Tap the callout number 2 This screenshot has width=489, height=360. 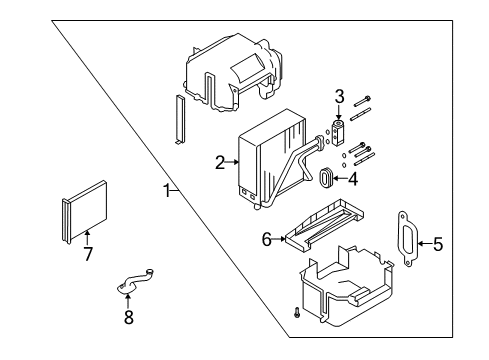pos(219,161)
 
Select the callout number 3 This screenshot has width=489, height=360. pos(339,96)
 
